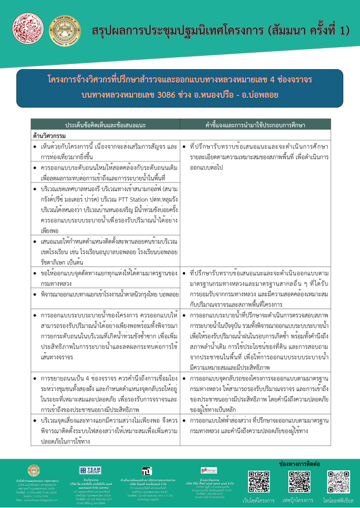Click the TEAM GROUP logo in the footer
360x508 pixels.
(x=90, y=471)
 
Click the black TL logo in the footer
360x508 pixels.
(x=147, y=471)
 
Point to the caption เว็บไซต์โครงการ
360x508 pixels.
(x=258, y=500)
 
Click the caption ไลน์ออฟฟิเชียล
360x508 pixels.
(x=338, y=500)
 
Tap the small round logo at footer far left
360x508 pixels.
(x=34, y=471)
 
